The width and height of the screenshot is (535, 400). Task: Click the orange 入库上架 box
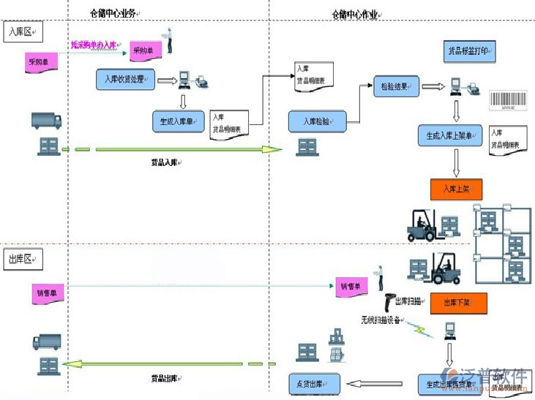click(455, 189)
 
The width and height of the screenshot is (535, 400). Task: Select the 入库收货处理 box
click(125, 79)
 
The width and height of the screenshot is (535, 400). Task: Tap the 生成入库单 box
click(178, 121)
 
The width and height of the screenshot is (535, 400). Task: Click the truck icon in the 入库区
click(48, 121)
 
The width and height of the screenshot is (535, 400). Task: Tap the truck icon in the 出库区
click(46, 341)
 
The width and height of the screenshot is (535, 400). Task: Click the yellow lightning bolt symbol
click(422, 329)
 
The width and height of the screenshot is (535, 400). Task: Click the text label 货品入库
click(165, 162)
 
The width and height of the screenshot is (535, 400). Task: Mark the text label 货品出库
click(165, 378)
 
